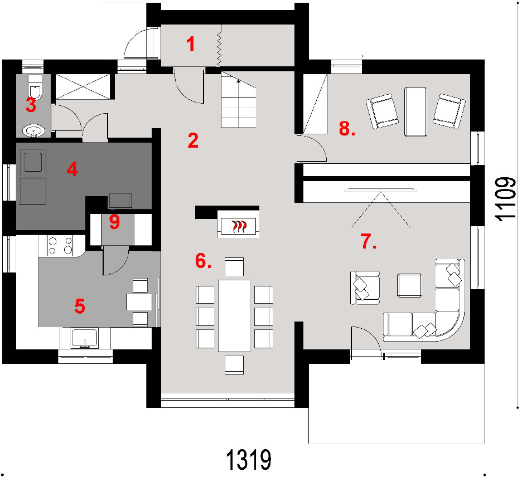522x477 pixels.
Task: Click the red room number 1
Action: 190,44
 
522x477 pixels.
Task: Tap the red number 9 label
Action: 114,222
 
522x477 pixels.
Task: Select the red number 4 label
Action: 72,169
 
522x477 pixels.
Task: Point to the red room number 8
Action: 345,128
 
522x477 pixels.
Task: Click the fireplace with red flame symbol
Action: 238,227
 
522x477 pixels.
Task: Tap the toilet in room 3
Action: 35,88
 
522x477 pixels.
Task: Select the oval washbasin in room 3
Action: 33,130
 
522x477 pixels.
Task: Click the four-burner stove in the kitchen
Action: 60,246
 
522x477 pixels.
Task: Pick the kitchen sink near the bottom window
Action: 85,338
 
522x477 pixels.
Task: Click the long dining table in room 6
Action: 234,315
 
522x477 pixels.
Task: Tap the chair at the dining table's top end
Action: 234,267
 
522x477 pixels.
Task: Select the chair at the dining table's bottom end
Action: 234,365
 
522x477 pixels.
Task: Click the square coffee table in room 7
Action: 409,285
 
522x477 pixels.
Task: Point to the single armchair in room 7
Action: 365,288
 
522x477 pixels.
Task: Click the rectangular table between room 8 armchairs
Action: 415,111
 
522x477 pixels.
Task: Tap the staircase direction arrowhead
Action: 238,80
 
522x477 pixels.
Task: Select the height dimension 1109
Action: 505,198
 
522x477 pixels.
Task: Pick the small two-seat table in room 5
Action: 139,302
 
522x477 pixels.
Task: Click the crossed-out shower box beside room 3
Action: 83,86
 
